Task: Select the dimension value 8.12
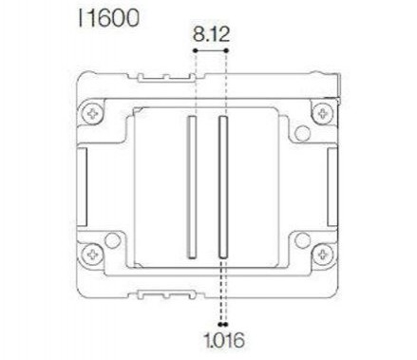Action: (209, 34)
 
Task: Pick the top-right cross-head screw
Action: (324, 114)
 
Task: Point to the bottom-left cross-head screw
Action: (92, 254)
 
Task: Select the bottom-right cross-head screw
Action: (324, 254)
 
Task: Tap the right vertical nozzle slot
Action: (223, 186)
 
